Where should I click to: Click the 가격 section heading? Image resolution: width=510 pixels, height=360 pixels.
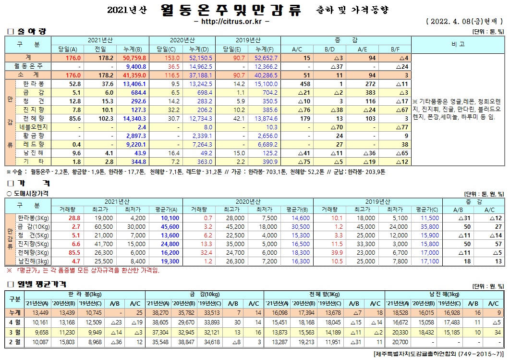(x=27, y=183)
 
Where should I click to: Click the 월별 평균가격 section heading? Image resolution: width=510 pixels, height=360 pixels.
(x=39, y=284)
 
